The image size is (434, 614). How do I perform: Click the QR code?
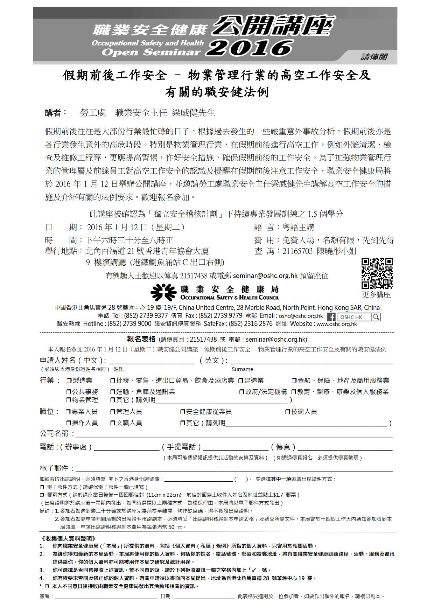[377, 273]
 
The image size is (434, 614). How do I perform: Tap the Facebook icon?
[331, 317]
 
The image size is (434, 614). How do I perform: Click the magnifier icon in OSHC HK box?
[376, 317]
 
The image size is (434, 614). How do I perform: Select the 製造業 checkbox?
[69, 381]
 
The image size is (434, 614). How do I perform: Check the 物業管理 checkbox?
[69, 400]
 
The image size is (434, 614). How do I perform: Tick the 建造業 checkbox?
[241, 381]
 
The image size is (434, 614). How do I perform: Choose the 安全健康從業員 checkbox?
[182, 412]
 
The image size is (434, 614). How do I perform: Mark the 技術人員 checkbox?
[288, 412]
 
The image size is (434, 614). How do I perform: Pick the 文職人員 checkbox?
[113, 423]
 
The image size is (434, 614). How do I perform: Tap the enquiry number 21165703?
[297, 251]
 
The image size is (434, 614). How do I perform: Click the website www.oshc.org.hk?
[337, 324]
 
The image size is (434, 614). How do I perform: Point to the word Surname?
[242, 369]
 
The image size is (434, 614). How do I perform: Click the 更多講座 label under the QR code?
[376, 295]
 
